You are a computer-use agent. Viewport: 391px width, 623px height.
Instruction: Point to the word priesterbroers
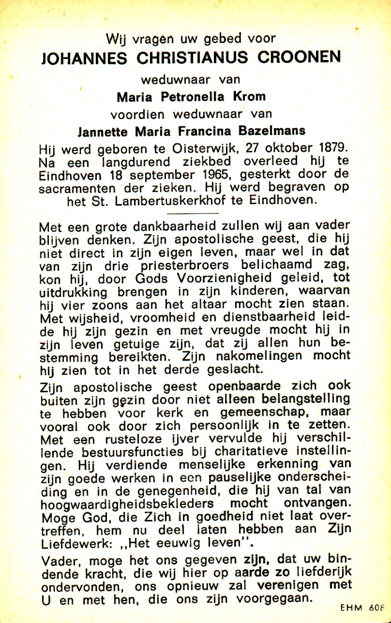point(184,266)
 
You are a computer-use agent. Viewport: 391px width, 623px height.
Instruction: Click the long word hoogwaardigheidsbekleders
point(127,503)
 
